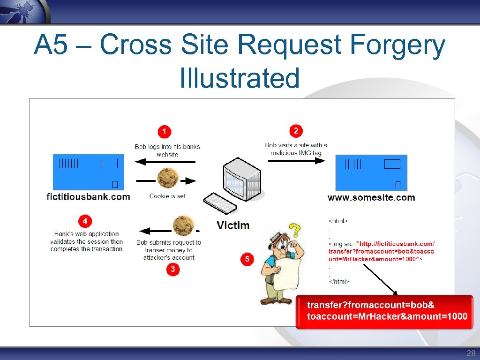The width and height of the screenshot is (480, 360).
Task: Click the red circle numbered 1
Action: pos(164,132)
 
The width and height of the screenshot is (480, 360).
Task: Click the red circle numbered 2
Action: pos(295,130)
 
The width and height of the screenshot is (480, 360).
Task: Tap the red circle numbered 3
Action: pos(173,269)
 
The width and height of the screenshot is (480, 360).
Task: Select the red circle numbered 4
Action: pos(85,221)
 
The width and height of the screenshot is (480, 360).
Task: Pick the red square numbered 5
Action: pos(247,259)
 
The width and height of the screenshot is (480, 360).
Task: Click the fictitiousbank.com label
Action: pos(89,196)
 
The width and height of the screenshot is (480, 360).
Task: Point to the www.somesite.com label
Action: pos(371,197)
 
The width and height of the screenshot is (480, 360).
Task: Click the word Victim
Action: pos(233,225)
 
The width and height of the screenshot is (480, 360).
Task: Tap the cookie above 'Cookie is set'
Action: pos(167,178)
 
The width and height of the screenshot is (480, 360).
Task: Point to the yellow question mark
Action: pos(294,230)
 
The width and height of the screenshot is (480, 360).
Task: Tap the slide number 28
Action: pos(471,353)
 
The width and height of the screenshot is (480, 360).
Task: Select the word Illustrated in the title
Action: pos(240,78)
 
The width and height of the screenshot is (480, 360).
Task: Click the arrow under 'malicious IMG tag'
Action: pos(296,160)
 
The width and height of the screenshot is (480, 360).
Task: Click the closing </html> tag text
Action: pos(339,282)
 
